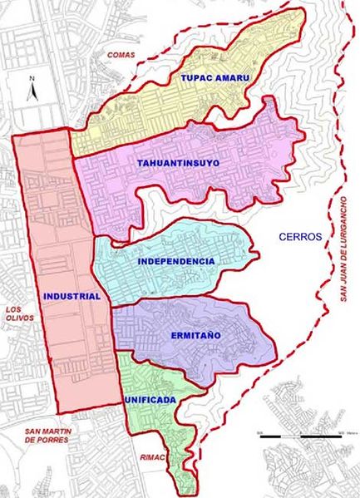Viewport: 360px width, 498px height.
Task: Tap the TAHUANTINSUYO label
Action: tap(179, 164)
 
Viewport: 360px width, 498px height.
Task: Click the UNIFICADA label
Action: tap(151, 400)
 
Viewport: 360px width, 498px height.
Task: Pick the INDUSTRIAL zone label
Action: tap(75, 296)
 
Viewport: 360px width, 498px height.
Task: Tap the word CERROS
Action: tap(300, 237)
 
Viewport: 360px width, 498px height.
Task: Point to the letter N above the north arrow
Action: tap(30, 77)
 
